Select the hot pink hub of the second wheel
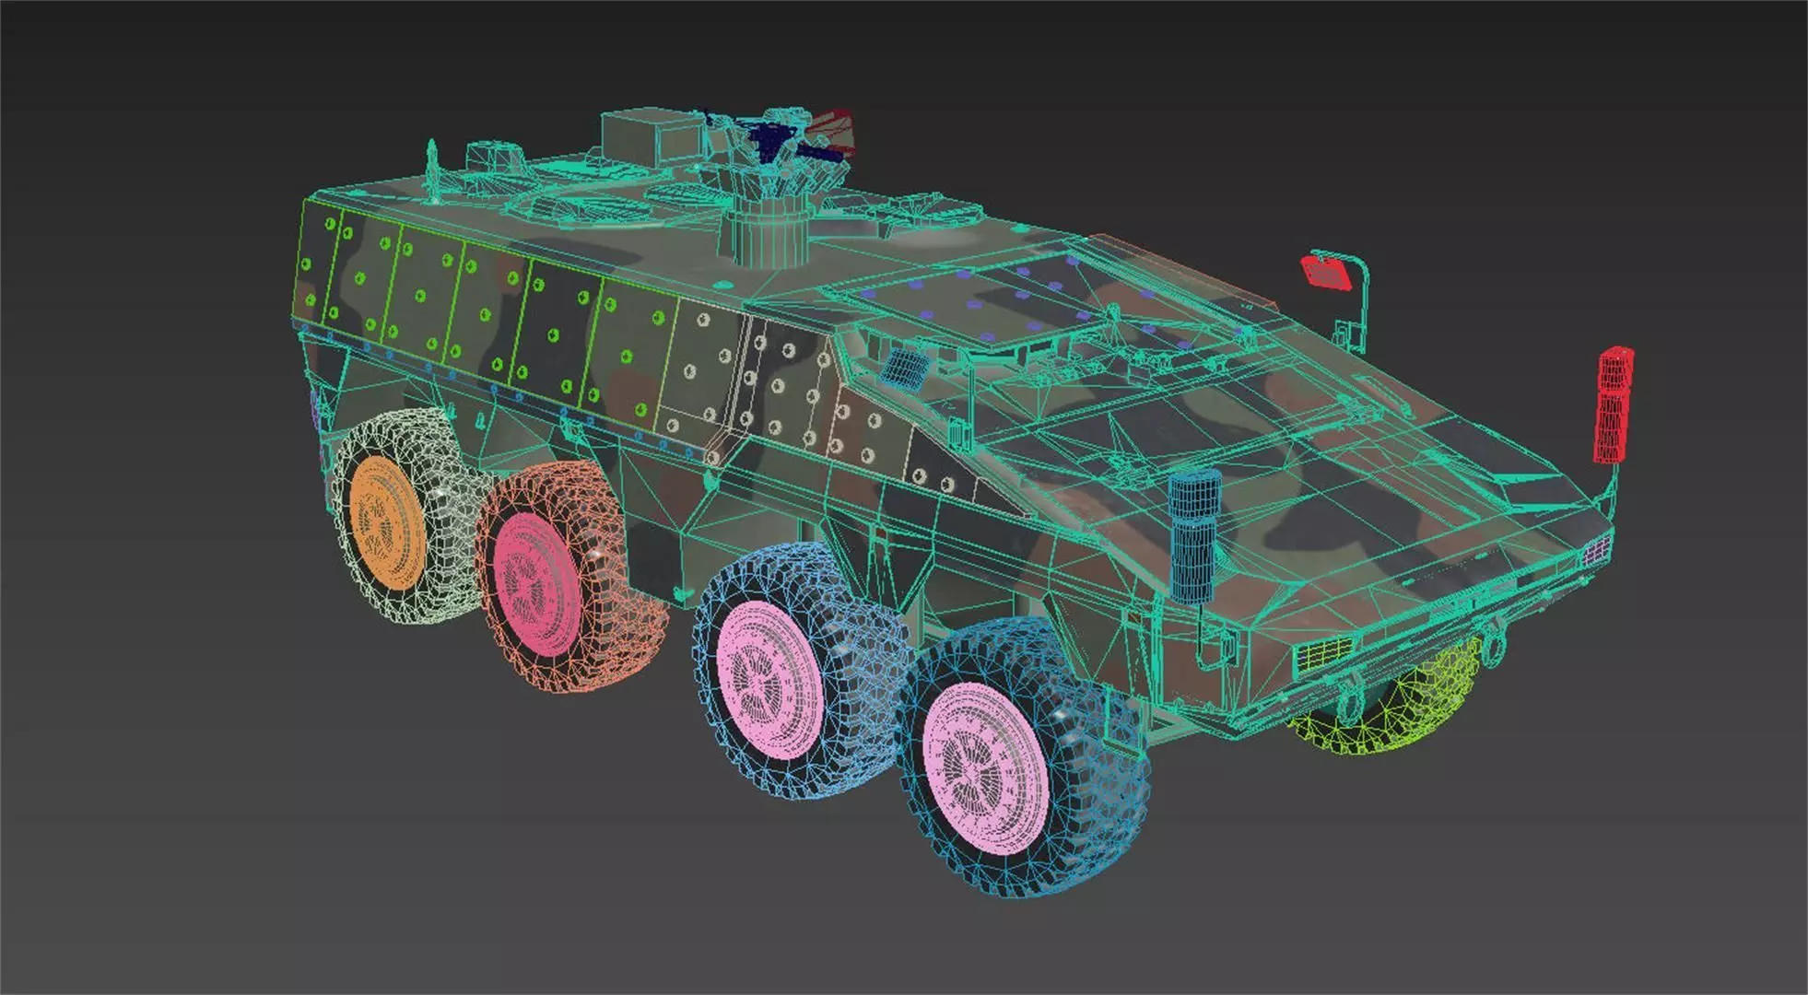535,584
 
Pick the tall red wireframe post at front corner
1613,405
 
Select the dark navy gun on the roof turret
769,138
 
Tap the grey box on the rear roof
650,138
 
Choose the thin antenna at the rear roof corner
431,170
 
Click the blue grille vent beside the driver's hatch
905,367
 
